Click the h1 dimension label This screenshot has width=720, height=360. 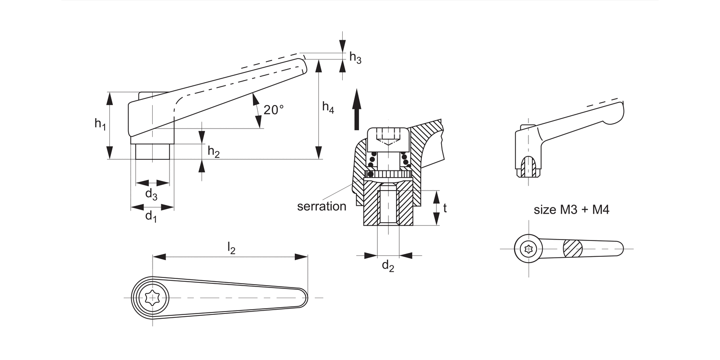click(x=100, y=124)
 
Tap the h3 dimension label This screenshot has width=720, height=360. click(x=355, y=58)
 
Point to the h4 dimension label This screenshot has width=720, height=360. click(x=328, y=108)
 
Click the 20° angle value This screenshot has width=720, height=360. click(x=274, y=110)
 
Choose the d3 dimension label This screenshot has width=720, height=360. click(x=151, y=194)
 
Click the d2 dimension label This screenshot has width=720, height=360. click(x=388, y=266)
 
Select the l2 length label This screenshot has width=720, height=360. click(x=231, y=249)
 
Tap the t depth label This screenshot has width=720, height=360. click(x=445, y=208)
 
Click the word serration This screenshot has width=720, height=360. click(x=322, y=206)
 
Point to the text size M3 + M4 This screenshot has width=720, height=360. click(x=571, y=210)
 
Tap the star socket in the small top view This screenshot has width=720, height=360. click(x=528, y=249)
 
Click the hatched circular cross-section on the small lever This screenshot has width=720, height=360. click(x=572, y=249)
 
